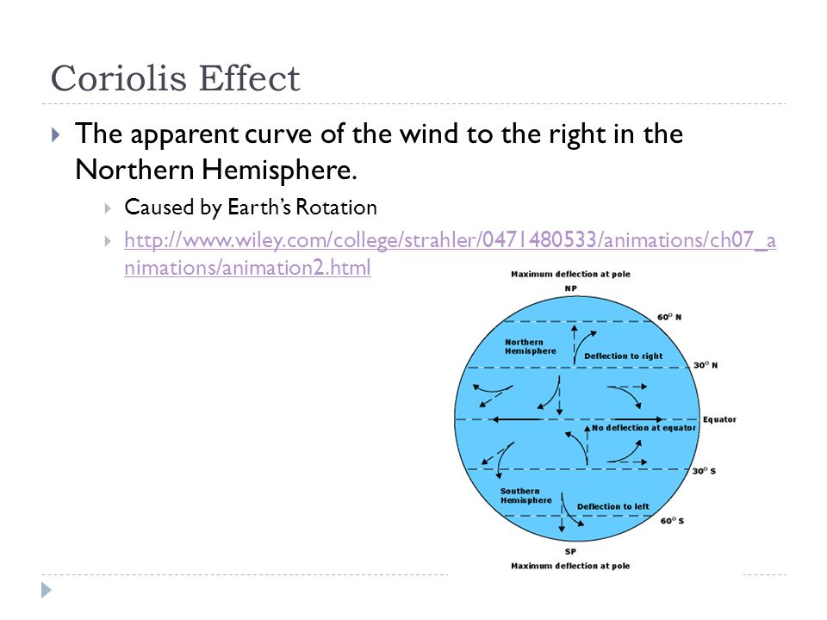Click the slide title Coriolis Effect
[x=175, y=78]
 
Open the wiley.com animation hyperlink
[x=450, y=253]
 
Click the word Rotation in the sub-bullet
[x=337, y=208]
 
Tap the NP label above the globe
[x=570, y=288]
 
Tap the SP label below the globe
[x=570, y=551]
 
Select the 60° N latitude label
[x=669, y=317]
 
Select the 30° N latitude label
[x=706, y=365]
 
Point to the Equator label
[x=719, y=419]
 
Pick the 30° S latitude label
[x=704, y=471]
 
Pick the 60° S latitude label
[x=673, y=521]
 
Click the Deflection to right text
[x=624, y=356]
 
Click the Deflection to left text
[x=612, y=506]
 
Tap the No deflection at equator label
[x=644, y=428]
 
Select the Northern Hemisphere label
[x=531, y=346]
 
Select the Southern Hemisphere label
[x=525, y=496]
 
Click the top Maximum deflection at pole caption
[x=570, y=274]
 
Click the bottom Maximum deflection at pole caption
[x=570, y=566]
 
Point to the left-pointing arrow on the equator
[x=517, y=419]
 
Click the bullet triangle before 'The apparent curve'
[x=56, y=135]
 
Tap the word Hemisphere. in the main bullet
[x=279, y=170]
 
